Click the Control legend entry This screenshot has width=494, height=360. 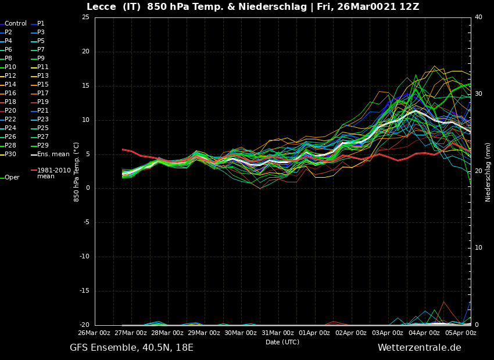(16, 24)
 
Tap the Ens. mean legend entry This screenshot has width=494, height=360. (53, 154)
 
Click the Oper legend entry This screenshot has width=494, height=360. (12, 178)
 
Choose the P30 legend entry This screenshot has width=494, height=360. (10, 154)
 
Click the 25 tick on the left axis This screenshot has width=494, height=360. (85, 17)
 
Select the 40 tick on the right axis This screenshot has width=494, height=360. (478, 17)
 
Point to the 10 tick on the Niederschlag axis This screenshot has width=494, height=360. (478, 248)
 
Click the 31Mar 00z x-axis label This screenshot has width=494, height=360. (277, 333)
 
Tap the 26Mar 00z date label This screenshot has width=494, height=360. (94, 333)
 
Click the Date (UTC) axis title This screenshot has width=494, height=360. (282, 342)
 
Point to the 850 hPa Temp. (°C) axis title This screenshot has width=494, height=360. (77, 171)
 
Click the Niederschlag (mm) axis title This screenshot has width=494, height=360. (488, 171)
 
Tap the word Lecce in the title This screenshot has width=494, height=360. (102, 7)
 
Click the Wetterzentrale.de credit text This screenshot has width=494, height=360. (419, 348)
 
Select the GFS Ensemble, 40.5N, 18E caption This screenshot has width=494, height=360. (131, 348)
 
